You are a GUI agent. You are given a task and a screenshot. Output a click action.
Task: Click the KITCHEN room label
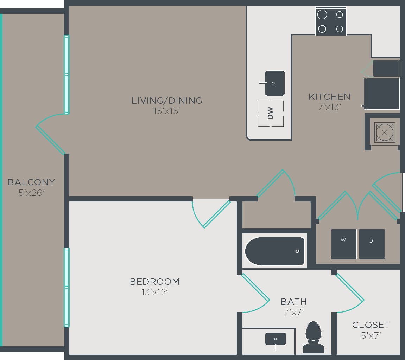click(x=329, y=97)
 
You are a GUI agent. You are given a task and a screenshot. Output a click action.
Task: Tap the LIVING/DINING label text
click(x=167, y=101)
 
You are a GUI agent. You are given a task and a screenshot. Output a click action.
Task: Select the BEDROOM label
click(x=154, y=282)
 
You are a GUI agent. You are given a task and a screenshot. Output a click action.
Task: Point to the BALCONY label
click(x=32, y=182)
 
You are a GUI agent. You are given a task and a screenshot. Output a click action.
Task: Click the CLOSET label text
click(x=371, y=325)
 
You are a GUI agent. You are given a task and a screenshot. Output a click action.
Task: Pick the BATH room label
click(x=294, y=302)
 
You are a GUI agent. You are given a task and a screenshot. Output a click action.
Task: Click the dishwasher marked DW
click(x=271, y=113)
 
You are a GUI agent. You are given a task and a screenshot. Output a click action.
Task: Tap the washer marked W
click(x=344, y=244)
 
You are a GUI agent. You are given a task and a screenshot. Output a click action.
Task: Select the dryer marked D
click(x=372, y=244)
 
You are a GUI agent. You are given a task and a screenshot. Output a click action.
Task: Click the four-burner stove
click(x=331, y=21)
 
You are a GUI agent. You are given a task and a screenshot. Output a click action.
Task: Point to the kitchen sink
click(x=274, y=83)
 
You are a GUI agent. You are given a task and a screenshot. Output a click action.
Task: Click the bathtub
click(x=274, y=251)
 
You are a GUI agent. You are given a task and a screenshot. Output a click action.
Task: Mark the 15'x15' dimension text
click(x=167, y=111)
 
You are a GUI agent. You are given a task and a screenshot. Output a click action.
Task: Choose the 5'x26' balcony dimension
click(x=32, y=193)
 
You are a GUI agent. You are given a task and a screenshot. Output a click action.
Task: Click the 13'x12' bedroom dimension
click(x=154, y=292)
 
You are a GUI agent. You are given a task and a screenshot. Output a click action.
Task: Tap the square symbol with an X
click(x=385, y=133)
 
